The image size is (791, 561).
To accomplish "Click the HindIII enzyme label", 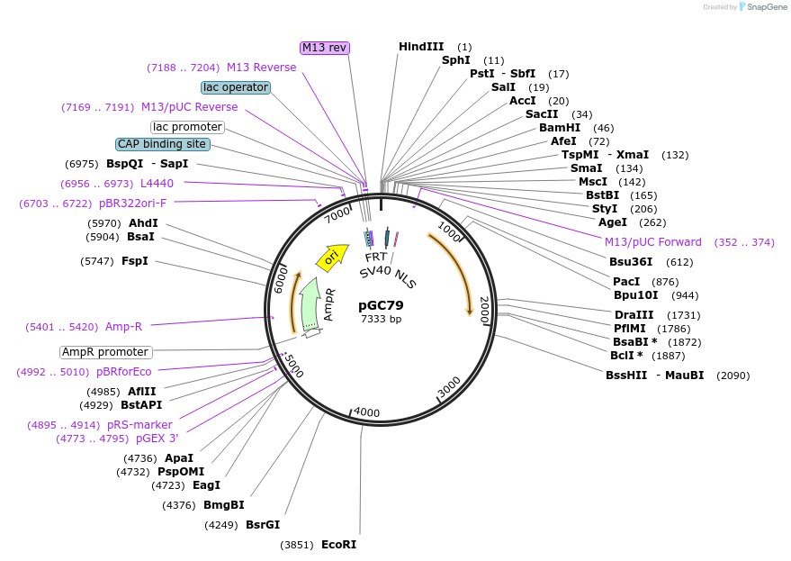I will click(421, 47).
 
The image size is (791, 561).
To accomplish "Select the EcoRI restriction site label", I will click(338, 545).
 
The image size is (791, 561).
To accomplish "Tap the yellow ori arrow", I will click(331, 258).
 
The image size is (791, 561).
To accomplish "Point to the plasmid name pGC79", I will click(381, 305).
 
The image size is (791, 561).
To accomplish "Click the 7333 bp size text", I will click(381, 319).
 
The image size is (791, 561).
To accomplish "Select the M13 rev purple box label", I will click(324, 48).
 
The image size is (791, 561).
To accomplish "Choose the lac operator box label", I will click(236, 87).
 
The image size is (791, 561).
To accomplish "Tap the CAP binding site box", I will click(162, 144).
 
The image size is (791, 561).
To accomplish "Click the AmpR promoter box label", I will click(106, 352).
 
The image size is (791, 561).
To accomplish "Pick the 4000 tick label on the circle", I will click(366, 412).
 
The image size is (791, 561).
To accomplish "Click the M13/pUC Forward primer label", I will click(653, 242).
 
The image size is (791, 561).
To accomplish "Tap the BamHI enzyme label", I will click(560, 128).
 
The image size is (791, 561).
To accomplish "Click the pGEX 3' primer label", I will click(157, 439).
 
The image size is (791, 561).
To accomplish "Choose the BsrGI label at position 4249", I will click(263, 524).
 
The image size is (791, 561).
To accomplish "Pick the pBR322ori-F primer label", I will click(132, 204).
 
